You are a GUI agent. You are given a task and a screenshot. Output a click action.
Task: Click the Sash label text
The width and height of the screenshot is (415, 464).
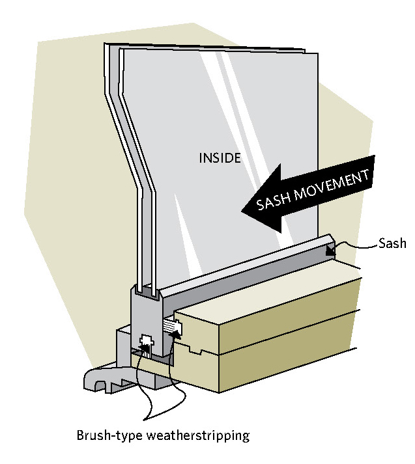393,244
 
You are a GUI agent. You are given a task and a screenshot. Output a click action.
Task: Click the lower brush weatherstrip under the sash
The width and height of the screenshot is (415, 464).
146,346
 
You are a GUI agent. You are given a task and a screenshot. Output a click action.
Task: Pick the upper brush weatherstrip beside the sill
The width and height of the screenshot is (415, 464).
171,326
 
